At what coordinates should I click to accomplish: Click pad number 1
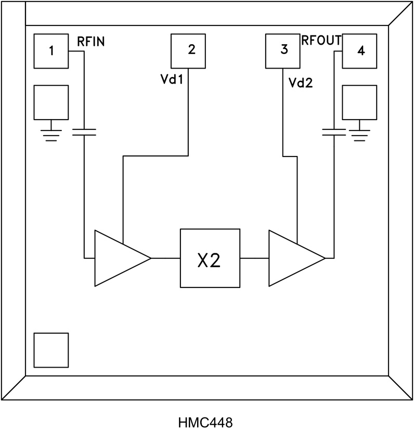point(51,51)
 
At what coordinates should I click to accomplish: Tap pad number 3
point(282,50)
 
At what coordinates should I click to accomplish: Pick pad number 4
point(359,51)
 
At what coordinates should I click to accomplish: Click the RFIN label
point(91,42)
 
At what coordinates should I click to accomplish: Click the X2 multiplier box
point(210,258)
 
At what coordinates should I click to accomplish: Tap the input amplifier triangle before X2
point(117,258)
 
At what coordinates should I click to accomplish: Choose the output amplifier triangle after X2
point(291,258)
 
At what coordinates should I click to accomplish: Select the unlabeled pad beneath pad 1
point(51,102)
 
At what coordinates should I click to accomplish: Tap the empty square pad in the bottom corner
point(51,350)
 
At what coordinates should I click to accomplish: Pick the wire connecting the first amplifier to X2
point(165,258)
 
